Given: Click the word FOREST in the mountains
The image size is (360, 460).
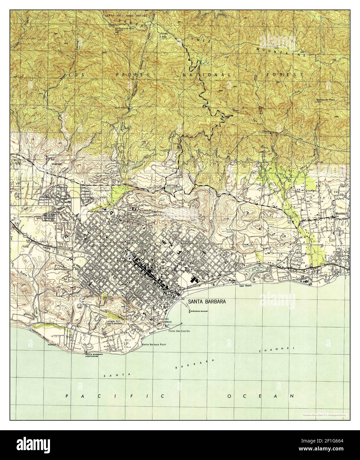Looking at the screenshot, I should pos(284,75).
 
